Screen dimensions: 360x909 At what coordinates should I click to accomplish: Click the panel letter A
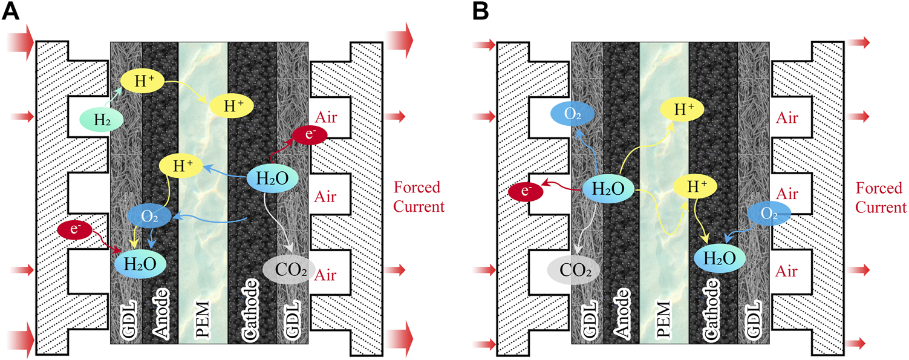[x=12, y=12]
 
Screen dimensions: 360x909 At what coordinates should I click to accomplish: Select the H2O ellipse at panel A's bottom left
[x=139, y=264]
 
